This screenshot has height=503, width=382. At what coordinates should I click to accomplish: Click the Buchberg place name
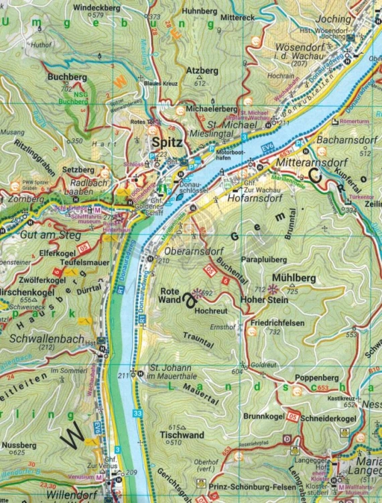coord(67,77)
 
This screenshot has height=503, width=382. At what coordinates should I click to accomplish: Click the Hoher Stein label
coord(266,300)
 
